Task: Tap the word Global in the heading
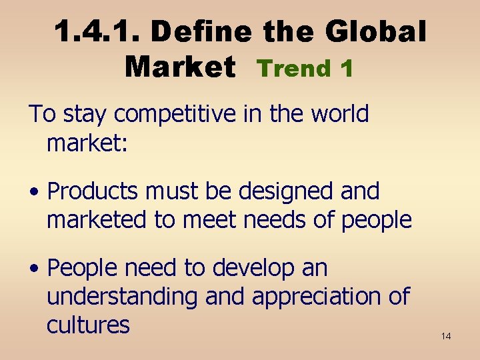376,31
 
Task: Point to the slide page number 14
446,336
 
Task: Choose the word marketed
97,219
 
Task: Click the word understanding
122,297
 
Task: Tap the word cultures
87,325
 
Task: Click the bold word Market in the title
179,67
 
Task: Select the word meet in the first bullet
207,219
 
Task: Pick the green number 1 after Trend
345,68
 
